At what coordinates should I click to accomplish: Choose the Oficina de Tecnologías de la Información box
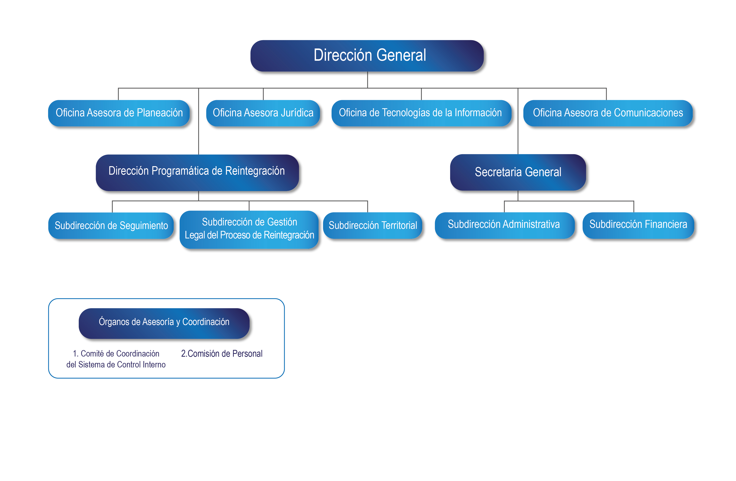coord(421,113)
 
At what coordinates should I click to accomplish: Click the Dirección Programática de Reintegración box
coord(197,173)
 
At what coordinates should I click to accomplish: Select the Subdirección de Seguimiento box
coord(111,226)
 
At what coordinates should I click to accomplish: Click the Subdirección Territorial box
coord(373,226)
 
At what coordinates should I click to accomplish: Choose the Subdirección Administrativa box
coord(505,226)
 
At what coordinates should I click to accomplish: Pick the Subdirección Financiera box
coord(638,226)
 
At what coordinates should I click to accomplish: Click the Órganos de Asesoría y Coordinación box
coord(164,323)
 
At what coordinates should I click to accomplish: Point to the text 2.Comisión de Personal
coord(222,353)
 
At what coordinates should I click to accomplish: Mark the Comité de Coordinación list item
coord(116,359)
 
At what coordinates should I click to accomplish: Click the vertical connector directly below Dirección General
coord(367,80)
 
